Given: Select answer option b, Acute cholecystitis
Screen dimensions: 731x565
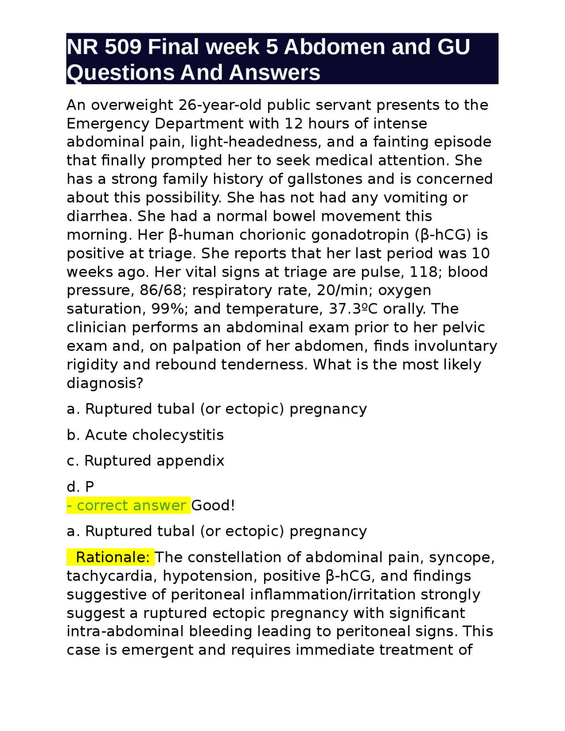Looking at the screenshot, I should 145,435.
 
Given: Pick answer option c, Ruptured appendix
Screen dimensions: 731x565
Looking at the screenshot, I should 145,460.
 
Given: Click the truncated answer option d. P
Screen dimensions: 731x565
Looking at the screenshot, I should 80,486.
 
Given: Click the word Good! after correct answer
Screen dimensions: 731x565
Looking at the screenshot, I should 213,505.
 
